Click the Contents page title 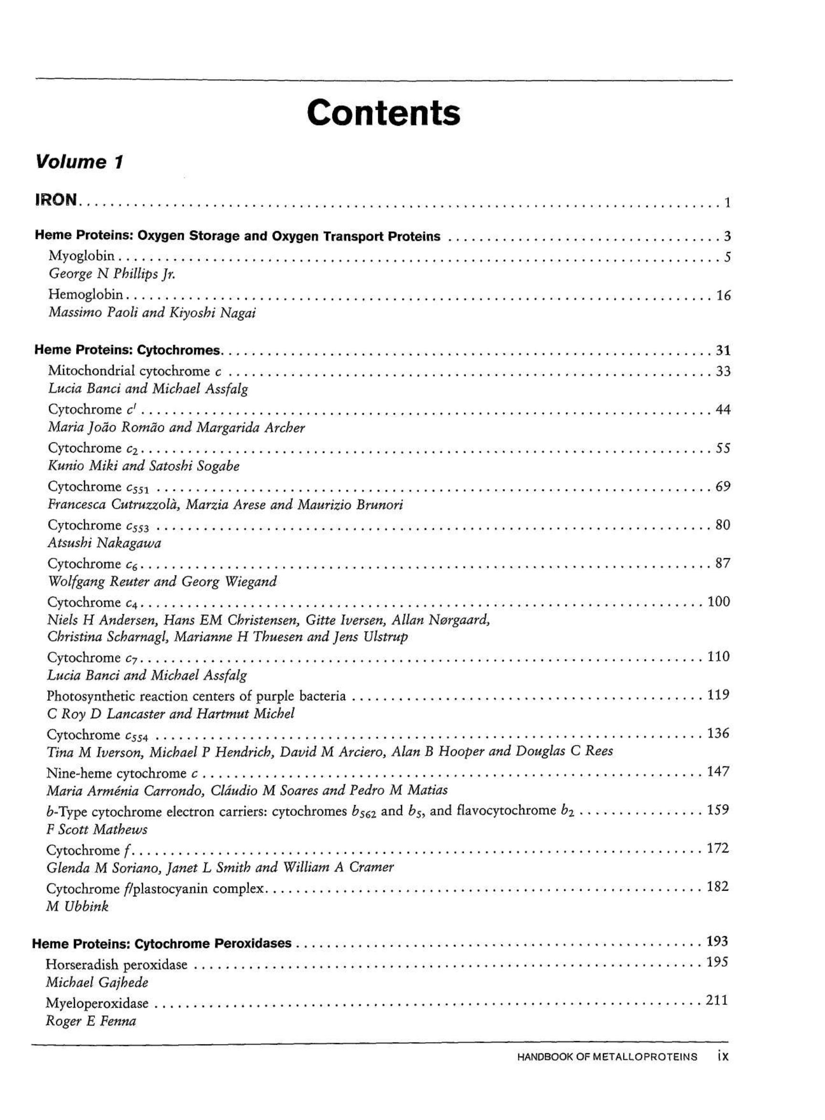pyautogui.click(x=383, y=113)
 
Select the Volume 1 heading pyautogui.click(x=79, y=162)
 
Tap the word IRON pyautogui.click(x=56, y=200)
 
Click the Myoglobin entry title pyautogui.click(x=81, y=256)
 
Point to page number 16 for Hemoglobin pyautogui.click(x=723, y=296)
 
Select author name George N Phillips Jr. pyautogui.click(x=112, y=274)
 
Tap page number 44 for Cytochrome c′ pyautogui.click(x=723, y=410)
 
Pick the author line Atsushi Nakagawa pyautogui.click(x=105, y=543)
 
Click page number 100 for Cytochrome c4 pyautogui.click(x=719, y=601)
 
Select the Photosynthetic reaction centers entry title pyautogui.click(x=196, y=695)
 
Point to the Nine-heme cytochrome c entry pyautogui.click(x=123, y=773)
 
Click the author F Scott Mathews pyautogui.click(x=97, y=829)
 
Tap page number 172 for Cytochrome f pyautogui.click(x=718, y=848)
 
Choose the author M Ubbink pyautogui.click(x=77, y=906)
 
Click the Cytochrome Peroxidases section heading pyautogui.click(x=162, y=944)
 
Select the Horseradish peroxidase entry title pyautogui.click(x=116, y=964)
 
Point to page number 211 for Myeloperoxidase pyautogui.click(x=717, y=1000)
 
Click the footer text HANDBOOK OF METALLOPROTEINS pyautogui.click(x=607, y=1056)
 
